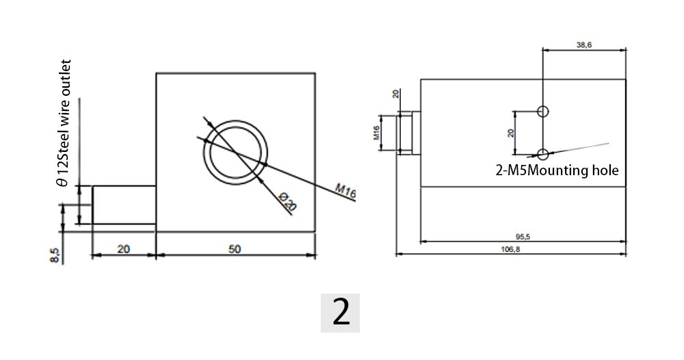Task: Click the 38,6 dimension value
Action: click(583, 44)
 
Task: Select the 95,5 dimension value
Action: click(523, 237)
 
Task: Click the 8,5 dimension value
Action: click(56, 255)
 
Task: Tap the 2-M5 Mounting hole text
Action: click(557, 170)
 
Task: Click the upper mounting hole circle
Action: click(543, 111)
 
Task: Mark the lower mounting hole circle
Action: click(543, 154)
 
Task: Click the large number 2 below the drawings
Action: click(341, 312)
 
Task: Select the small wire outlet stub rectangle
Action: click(124, 205)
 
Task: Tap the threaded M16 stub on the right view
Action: click(409, 133)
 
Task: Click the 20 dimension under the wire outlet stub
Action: click(124, 249)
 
